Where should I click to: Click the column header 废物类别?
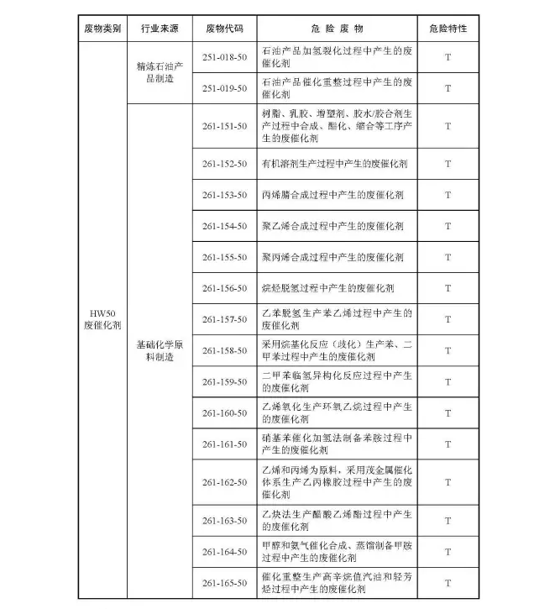pos(102,28)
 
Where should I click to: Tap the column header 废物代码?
pos(224,28)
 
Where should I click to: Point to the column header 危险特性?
pos(448,28)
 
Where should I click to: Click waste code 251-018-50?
pos(224,56)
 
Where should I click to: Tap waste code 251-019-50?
pos(224,87)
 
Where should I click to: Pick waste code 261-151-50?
pos(224,125)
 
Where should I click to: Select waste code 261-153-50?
pos(224,195)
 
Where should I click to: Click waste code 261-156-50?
pos(224,288)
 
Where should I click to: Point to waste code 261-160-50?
pos(224,413)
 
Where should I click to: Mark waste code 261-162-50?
pos(224,483)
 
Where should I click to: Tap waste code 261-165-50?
pos(224,583)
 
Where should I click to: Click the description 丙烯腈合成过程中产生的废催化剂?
pos(332,195)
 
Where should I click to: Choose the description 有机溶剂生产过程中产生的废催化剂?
pos(334,164)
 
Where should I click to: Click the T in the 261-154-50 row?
pos(448,226)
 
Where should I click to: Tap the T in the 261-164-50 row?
pos(448,552)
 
